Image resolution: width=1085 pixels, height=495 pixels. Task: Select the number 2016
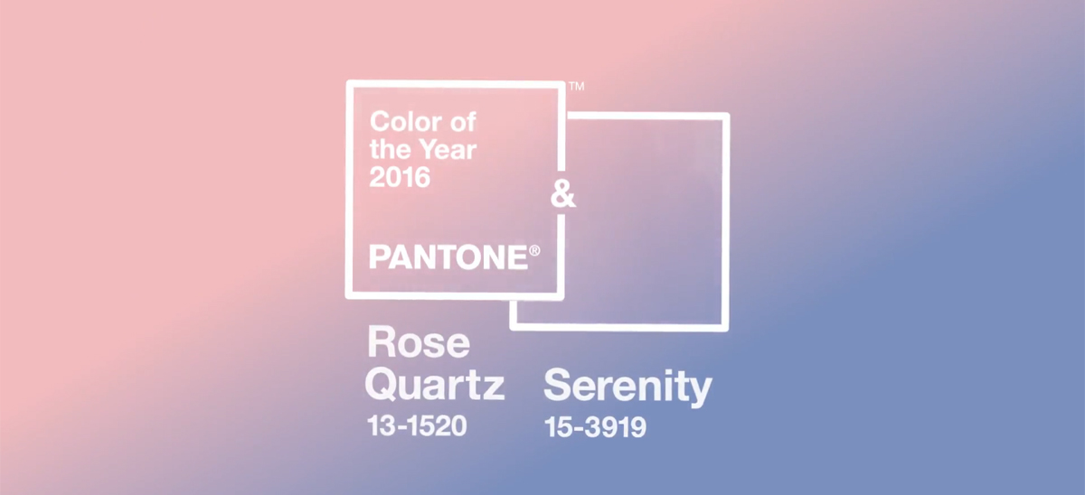click(x=400, y=177)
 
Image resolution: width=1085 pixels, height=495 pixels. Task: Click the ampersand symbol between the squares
click(x=562, y=194)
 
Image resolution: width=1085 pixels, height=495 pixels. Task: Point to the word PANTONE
click(x=448, y=257)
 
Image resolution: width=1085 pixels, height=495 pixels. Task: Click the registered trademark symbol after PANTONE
click(x=534, y=250)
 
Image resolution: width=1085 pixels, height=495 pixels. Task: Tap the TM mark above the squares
click(x=577, y=86)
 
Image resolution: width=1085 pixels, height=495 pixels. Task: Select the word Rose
click(x=419, y=342)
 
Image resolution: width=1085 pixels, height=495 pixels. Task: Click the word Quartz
click(x=435, y=386)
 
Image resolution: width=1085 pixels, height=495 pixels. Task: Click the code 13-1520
click(x=417, y=425)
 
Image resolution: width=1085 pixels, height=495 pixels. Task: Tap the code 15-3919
click(x=595, y=427)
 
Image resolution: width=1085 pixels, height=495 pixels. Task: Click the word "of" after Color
click(x=463, y=121)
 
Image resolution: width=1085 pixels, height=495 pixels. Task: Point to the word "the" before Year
click(x=391, y=149)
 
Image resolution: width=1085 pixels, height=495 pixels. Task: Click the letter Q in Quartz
click(x=382, y=386)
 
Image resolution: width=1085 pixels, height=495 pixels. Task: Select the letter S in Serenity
click(x=558, y=385)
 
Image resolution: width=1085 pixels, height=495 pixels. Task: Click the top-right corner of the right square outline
click(x=727, y=116)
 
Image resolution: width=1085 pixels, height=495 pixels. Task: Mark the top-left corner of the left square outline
click(x=349, y=84)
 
